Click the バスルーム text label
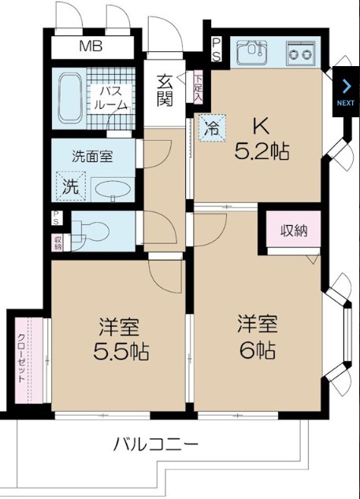click(110, 97)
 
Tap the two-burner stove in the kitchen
click(299, 54)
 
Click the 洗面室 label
click(91, 156)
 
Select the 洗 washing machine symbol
click(72, 187)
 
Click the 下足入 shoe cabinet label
click(199, 87)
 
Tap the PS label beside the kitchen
click(216, 50)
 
